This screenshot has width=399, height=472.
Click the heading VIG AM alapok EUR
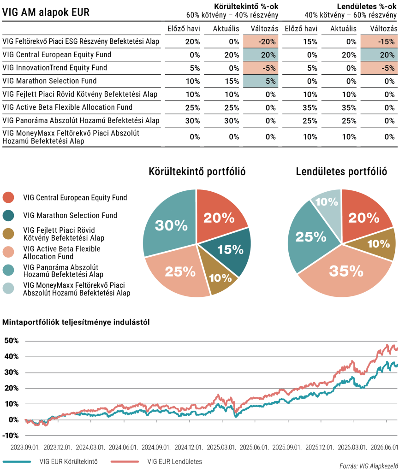[x=46, y=12]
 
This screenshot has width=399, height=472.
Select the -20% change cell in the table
[x=261, y=41]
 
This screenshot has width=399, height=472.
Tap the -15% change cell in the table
[x=379, y=41]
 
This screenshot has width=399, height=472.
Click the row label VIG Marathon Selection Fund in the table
[x=49, y=81]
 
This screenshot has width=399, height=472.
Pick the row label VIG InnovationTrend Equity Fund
[x=54, y=68]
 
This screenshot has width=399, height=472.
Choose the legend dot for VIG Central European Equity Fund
[x=8, y=197]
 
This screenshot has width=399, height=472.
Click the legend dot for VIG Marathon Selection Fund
[x=8, y=216]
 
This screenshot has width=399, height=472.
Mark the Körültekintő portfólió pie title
[x=197, y=171]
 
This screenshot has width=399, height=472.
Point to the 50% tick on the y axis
[x=12, y=341]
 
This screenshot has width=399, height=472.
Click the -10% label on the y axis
[x=11, y=436]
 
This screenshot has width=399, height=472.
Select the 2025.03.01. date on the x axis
[x=221, y=447]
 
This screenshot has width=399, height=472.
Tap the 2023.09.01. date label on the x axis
[x=25, y=447]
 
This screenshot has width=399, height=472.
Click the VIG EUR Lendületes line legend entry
[x=156, y=461]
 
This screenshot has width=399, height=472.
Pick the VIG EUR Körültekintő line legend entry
[x=50, y=461]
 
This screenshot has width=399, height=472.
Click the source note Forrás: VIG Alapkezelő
[x=368, y=466]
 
